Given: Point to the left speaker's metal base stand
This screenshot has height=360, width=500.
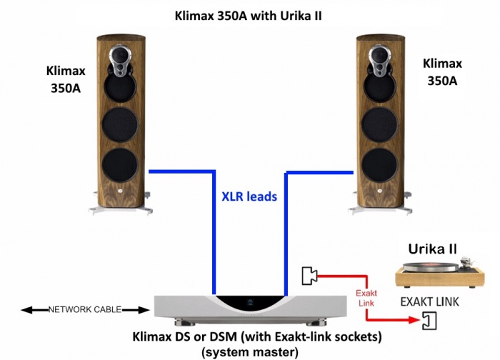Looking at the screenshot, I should [x=119, y=208].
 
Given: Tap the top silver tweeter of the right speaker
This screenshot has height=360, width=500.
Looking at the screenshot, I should [x=381, y=56].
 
